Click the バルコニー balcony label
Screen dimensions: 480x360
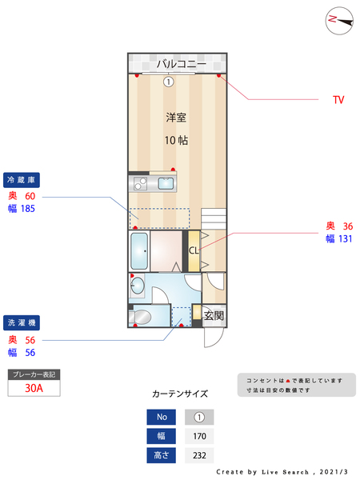pyautogui.click(x=181, y=63)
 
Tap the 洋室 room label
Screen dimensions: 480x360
pyautogui.click(x=177, y=118)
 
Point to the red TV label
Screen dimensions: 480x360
pyautogui.click(x=338, y=100)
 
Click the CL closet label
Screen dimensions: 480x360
pyautogui.click(x=194, y=250)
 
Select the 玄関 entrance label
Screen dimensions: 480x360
pyautogui.click(x=214, y=315)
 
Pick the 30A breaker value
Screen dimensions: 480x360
pyautogui.click(x=34, y=388)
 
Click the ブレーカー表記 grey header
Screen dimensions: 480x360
pyautogui.click(x=34, y=374)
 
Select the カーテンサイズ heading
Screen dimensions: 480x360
pyautogui.click(x=180, y=394)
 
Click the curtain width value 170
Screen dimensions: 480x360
pyautogui.click(x=199, y=436)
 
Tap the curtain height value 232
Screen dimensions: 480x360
pyautogui.click(x=199, y=455)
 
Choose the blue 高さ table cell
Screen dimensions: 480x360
pyautogui.click(x=161, y=455)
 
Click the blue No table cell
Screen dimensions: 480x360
pyautogui.click(x=161, y=417)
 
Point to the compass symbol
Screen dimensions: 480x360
pyautogui.click(x=339, y=20)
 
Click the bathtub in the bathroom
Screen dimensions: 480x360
pyautogui.click(x=139, y=252)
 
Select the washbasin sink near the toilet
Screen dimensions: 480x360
pyautogui.click(x=137, y=285)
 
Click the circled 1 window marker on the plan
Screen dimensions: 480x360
pyautogui.click(x=168, y=81)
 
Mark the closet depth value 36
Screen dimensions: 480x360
pyautogui.click(x=348, y=226)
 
